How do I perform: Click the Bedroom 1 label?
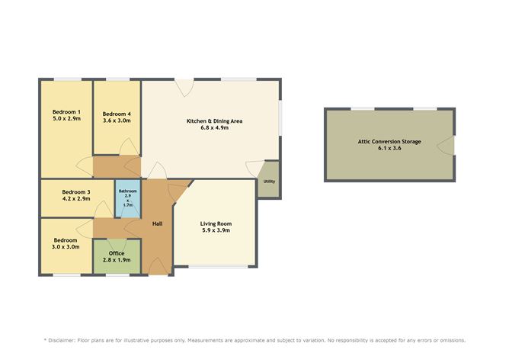pos(66,111)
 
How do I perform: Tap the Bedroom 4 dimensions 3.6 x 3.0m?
pos(117,120)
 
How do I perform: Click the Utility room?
pos(268,182)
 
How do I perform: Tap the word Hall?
pos(157,223)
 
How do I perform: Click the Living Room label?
pos(216,223)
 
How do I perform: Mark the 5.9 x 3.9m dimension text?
pos(216,230)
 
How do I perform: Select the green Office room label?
pos(117,252)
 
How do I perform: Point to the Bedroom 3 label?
pos(76,191)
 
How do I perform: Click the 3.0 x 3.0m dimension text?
pos(66,246)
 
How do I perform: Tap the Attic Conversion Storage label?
pos(390,140)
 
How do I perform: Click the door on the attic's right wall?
pos(450,145)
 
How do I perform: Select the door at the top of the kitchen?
pos(184,87)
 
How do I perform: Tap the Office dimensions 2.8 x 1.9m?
pos(117,260)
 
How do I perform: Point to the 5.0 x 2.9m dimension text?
pos(66,118)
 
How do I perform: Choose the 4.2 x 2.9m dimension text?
pos(76,199)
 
